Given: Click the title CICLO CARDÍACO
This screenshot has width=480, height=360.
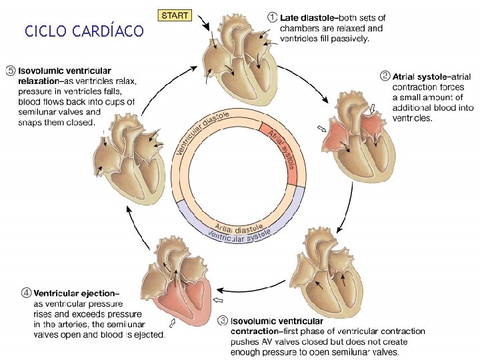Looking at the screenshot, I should point(83,31).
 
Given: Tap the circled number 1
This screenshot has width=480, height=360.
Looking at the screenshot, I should point(272,17).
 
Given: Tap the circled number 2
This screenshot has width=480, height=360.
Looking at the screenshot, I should point(385,76).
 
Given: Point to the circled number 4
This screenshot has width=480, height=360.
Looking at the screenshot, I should point(26,293).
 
